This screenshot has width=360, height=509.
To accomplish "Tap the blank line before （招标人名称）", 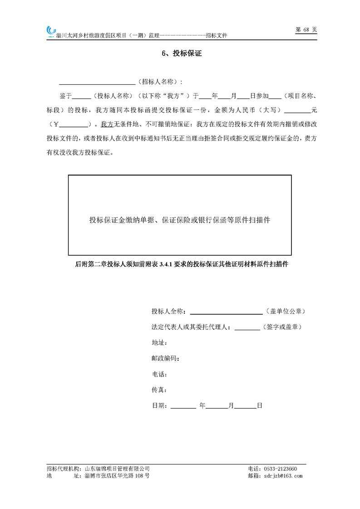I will tap(97, 83).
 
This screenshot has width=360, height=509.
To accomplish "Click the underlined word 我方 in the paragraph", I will tap(107, 124).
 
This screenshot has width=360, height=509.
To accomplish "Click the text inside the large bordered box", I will tap(180, 220).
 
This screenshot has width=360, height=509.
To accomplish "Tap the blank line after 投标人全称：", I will tap(226, 313).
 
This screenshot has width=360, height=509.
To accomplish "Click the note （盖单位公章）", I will tap(287, 312).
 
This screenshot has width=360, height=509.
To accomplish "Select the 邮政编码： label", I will tap(165, 358).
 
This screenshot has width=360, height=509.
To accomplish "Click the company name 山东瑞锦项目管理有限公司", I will tap(117, 469).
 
